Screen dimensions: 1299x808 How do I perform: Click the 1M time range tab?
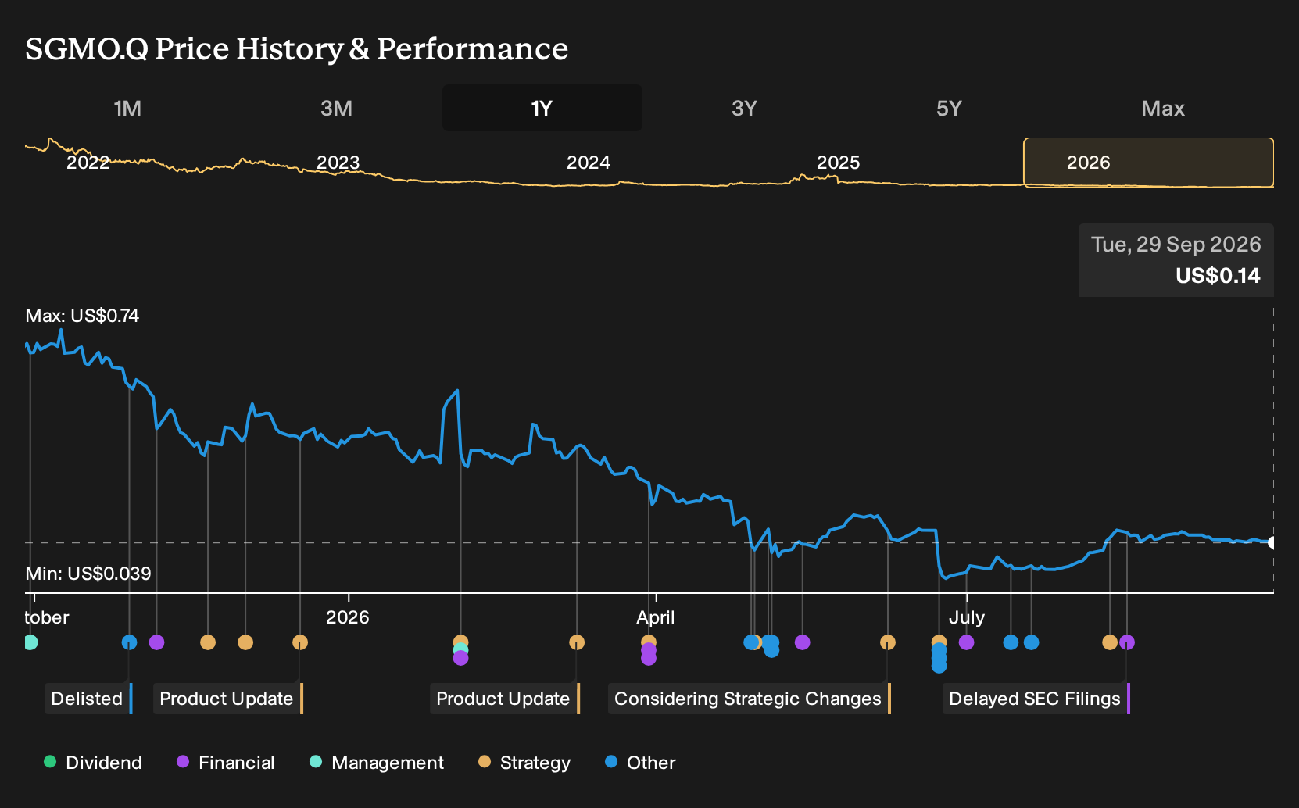tap(127, 109)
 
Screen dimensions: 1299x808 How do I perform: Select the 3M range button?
tap(336, 109)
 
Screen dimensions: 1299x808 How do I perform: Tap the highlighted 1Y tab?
tap(542, 109)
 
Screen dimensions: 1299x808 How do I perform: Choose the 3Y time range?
tap(745, 109)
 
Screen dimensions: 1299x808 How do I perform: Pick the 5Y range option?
tap(950, 109)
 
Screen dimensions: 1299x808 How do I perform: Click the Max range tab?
tap(1163, 109)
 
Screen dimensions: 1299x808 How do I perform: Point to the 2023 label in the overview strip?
tap(338, 163)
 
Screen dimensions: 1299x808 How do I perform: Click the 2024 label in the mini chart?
tap(588, 163)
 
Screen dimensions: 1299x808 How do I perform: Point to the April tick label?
tap(655, 617)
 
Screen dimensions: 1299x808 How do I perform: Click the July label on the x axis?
tap(967, 617)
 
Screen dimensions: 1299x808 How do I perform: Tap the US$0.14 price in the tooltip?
tap(1218, 275)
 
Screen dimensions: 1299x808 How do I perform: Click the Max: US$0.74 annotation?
tap(82, 316)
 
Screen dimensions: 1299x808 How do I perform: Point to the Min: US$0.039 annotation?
tap(88, 574)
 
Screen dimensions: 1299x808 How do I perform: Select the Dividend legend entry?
tap(93, 762)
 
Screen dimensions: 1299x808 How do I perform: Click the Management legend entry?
tap(377, 762)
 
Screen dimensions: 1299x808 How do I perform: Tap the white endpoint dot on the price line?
tap(1272, 542)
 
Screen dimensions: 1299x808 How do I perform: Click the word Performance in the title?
tap(473, 48)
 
